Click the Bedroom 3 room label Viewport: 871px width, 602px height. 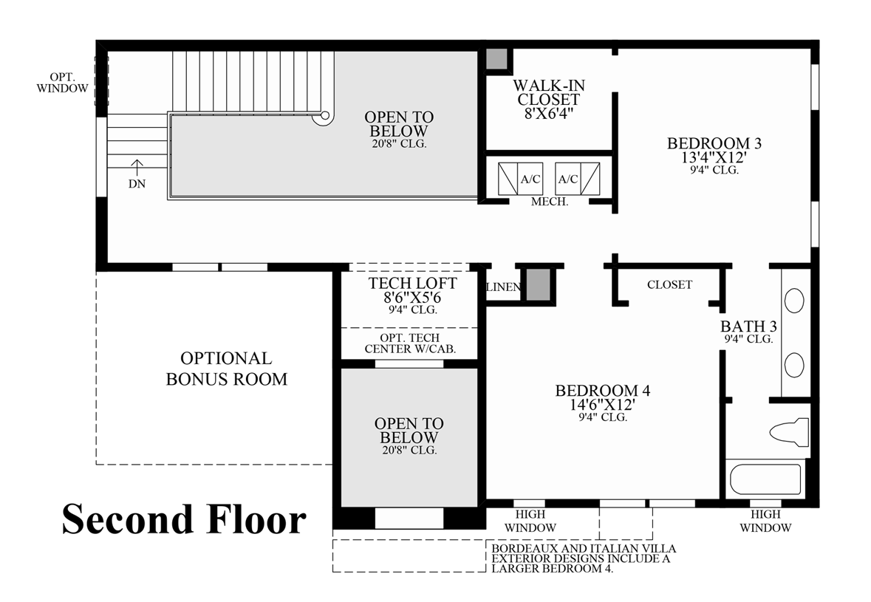click(x=714, y=143)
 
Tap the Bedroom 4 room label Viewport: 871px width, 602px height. click(x=603, y=391)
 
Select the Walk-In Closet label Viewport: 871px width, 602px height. click(x=549, y=93)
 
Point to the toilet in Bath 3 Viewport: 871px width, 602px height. click(x=789, y=431)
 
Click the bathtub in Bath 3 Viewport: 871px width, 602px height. click(x=765, y=479)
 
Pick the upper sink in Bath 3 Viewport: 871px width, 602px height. click(x=794, y=301)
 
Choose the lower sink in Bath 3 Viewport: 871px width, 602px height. click(x=794, y=366)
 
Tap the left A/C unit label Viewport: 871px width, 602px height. click(x=530, y=179)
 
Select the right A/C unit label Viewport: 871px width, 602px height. click(x=567, y=179)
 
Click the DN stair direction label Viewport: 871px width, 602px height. click(x=137, y=184)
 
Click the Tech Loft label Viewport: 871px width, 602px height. click(x=412, y=283)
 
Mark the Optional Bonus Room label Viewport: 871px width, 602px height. click(x=227, y=368)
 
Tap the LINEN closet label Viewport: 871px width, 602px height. click(x=503, y=287)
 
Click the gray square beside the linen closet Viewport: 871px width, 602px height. click(x=538, y=285)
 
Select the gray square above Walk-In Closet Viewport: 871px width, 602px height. click(x=497, y=59)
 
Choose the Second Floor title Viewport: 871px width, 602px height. click(x=184, y=519)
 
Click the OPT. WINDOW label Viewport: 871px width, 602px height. click(x=62, y=83)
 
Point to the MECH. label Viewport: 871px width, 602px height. click(x=550, y=202)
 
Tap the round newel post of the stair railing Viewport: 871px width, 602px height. click(x=324, y=117)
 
